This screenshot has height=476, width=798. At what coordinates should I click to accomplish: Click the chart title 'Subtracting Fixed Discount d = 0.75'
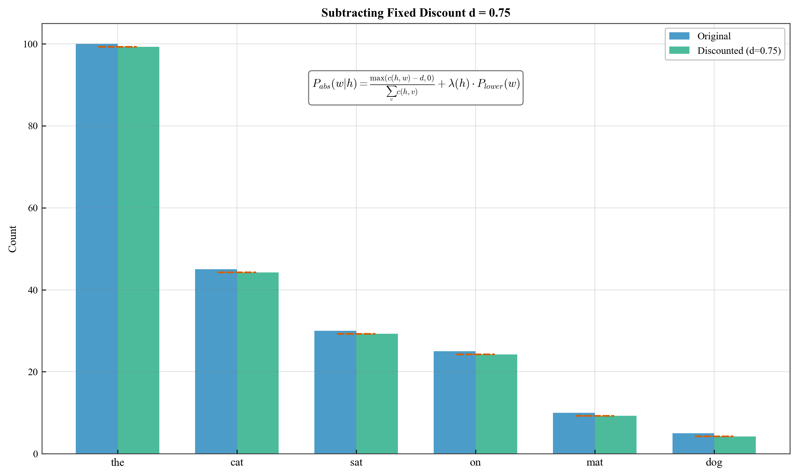[x=416, y=13]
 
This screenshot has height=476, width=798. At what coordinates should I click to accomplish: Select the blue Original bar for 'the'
[x=96, y=248]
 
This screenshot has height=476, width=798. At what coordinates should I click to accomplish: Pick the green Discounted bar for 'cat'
[x=258, y=363]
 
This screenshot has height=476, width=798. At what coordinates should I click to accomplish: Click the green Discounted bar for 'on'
[x=496, y=404]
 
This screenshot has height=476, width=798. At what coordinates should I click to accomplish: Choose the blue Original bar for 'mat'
[x=574, y=433]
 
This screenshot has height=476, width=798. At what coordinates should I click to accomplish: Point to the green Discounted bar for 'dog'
[x=735, y=445]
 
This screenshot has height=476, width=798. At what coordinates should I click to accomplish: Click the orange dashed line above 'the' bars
[x=117, y=47]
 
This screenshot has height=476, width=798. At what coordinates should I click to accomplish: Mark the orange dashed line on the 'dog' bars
[x=714, y=436]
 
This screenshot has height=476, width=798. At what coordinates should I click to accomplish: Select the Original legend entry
[x=714, y=36]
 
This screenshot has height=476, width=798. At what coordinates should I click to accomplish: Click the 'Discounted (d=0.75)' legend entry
[x=739, y=51]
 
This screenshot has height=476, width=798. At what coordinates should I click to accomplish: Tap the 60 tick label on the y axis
[x=33, y=208]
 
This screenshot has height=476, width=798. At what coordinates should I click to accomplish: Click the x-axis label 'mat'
[x=595, y=462]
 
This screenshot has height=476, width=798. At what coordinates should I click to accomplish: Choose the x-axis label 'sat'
[x=356, y=462]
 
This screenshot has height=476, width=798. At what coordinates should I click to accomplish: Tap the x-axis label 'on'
[x=475, y=462]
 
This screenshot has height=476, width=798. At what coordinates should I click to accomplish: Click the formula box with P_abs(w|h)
[x=416, y=88]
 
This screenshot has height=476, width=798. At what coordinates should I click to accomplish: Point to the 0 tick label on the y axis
[x=35, y=454]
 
